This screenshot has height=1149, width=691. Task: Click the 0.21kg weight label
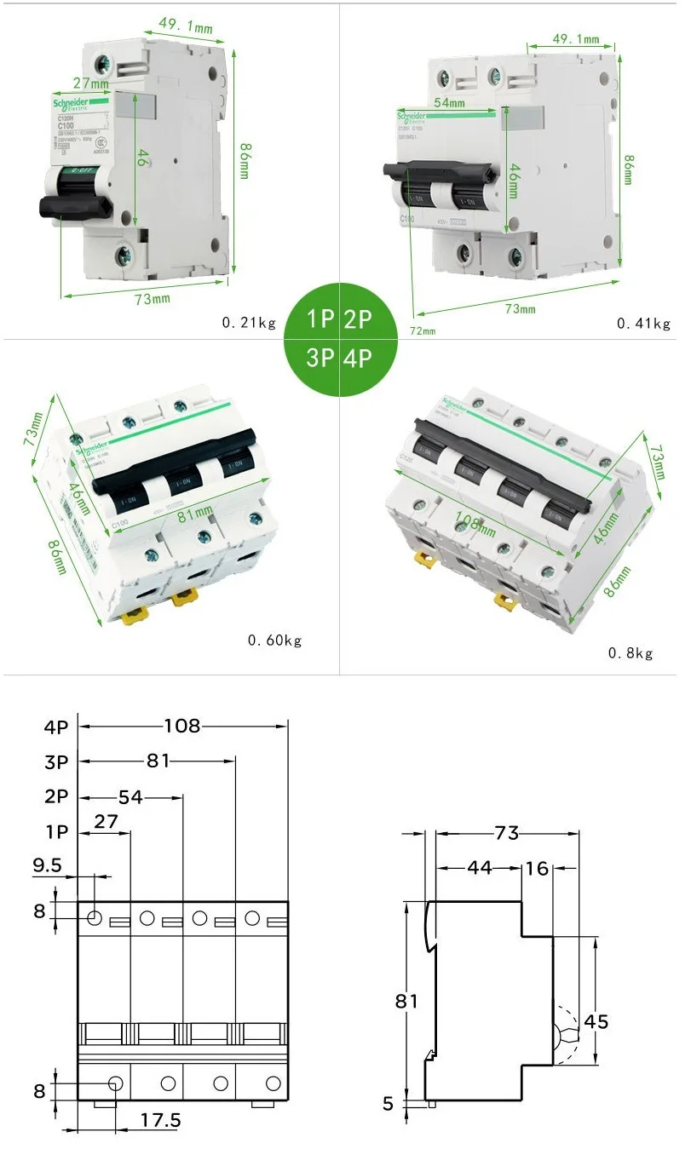[x=249, y=323]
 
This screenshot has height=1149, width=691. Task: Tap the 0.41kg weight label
[x=643, y=324]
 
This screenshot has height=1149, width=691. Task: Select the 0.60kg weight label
[x=274, y=640]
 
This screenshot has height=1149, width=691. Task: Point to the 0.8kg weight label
[x=630, y=653]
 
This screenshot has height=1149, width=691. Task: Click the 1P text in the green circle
[x=320, y=320]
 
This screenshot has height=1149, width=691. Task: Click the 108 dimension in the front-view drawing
[x=181, y=726]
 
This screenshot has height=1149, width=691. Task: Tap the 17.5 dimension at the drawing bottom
[x=160, y=1119]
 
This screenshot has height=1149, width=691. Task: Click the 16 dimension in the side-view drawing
[x=537, y=868]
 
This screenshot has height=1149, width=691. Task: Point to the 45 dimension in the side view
[x=596, y=1021]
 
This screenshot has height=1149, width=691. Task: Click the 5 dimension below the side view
[x=388, y=1104]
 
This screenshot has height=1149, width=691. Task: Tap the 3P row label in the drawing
[x=56, y=761]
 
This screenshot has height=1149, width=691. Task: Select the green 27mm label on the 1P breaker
[x=89, y=84]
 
